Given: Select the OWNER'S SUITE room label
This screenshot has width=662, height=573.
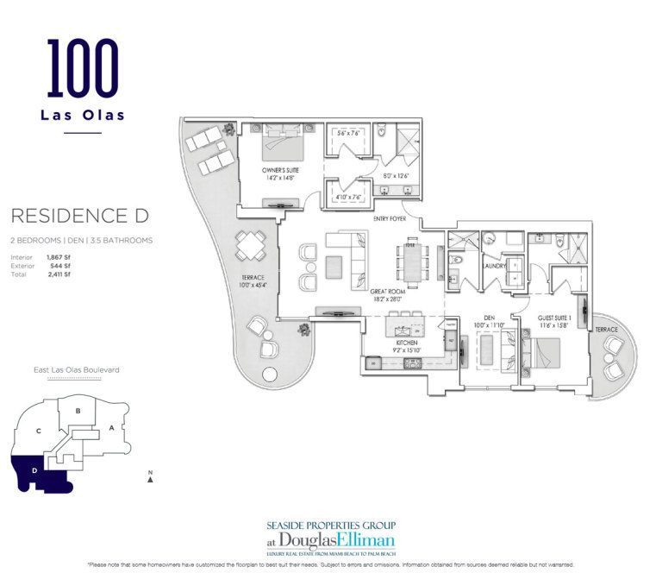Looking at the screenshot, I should click(x=281, y=171).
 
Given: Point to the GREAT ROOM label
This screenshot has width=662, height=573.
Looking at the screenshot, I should click(x=388, y=293).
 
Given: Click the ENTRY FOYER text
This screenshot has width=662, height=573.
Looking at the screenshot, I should click(x=390, y=219).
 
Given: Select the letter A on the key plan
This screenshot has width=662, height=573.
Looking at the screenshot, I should click(x=112, y=427).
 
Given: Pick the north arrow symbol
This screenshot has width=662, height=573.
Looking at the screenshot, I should click(x=150, y=479).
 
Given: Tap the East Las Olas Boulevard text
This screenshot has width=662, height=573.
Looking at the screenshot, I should click(x=76, y=369).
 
